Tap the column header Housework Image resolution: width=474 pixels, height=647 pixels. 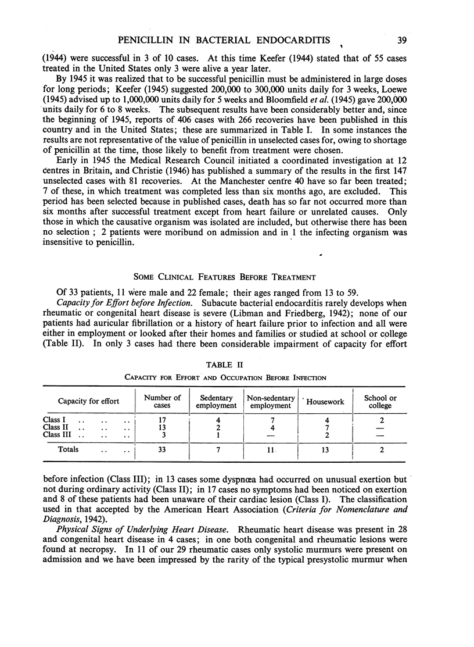[325, 402]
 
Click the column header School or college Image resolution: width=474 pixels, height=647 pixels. [380, 402]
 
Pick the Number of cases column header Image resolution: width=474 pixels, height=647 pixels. [162, 402]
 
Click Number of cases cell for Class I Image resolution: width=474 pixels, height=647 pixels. [162, 419]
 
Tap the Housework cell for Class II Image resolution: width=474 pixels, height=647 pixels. [325, 428]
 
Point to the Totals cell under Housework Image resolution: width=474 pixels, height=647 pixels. [325, 449]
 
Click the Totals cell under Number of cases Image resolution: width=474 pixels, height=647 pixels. [162, 449]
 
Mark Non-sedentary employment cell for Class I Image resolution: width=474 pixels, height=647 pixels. [271, 419]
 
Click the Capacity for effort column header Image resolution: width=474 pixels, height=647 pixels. [88, 402]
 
